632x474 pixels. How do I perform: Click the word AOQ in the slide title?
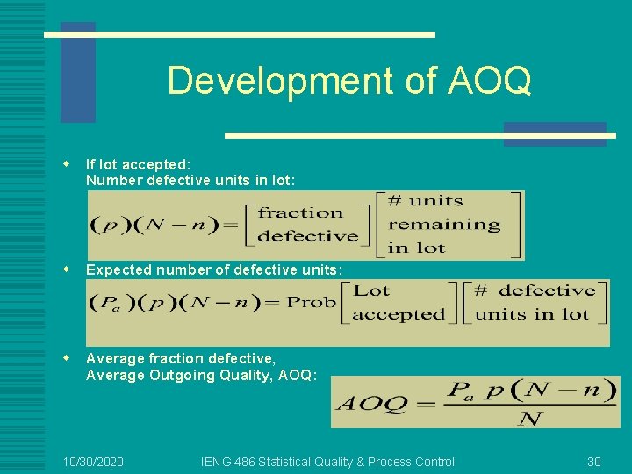pyautogui.click(x=489, y=81)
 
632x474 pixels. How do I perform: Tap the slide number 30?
pyautogui.click(x=594, y=462)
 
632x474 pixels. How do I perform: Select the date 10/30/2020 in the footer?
pyautogui.click(x=93, y=462)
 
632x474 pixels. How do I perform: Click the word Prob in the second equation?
pyautogui.click(x=312, y=302)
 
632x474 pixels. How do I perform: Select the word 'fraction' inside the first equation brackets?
pyautogui.click(x=300, y=212)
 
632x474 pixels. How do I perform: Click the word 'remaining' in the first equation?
pyautogui.click(x=444, y=224)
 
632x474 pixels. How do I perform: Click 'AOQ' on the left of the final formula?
pyautogui.click(x=372, y=404)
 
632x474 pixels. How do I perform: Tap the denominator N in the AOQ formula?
pyautogui.click(x=529, y=418)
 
